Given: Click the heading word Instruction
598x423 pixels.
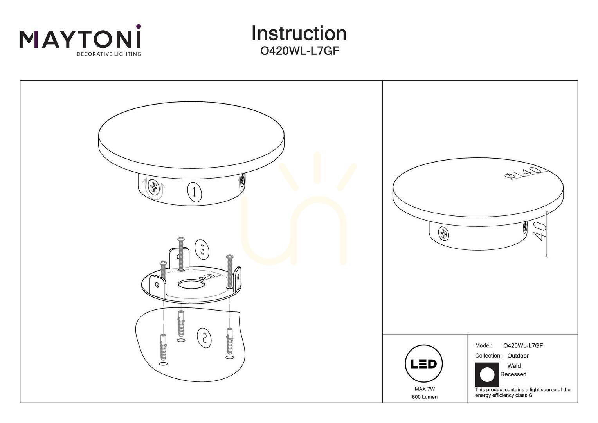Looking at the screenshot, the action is click(x=299, y=33).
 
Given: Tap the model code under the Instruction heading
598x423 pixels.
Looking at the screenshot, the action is click(x=299, y=51).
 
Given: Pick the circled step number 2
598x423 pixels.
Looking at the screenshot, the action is click(x=204, y=339).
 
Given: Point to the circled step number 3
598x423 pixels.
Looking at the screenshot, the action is click(x=202, y=249).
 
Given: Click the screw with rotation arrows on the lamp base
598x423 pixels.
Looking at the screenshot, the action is click(x=154, y=186).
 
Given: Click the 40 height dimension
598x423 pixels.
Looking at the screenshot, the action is click(x=540, y=231).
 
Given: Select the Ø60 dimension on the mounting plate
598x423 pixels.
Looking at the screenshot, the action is click(x=207, y=277).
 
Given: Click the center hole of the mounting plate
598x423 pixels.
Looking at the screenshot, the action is click(x=191, y=284).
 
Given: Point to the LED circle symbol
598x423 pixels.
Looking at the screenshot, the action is click(x=424, y=363).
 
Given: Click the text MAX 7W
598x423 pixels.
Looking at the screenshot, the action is click(x=425, y=389).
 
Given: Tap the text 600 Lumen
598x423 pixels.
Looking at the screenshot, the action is click(x=425, y=397).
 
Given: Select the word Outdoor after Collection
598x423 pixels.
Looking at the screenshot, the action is click(x=518, y=356).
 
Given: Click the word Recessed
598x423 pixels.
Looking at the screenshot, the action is click(x=513, y=374).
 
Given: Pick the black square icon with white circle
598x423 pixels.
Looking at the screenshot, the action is click(x=487, y=375).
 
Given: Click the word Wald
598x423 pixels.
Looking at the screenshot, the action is click(x=514, y=366).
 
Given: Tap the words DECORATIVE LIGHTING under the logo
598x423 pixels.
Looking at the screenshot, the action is click(x=109, y=54).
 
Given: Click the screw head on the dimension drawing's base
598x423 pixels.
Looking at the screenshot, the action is click(x=443, y=233).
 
